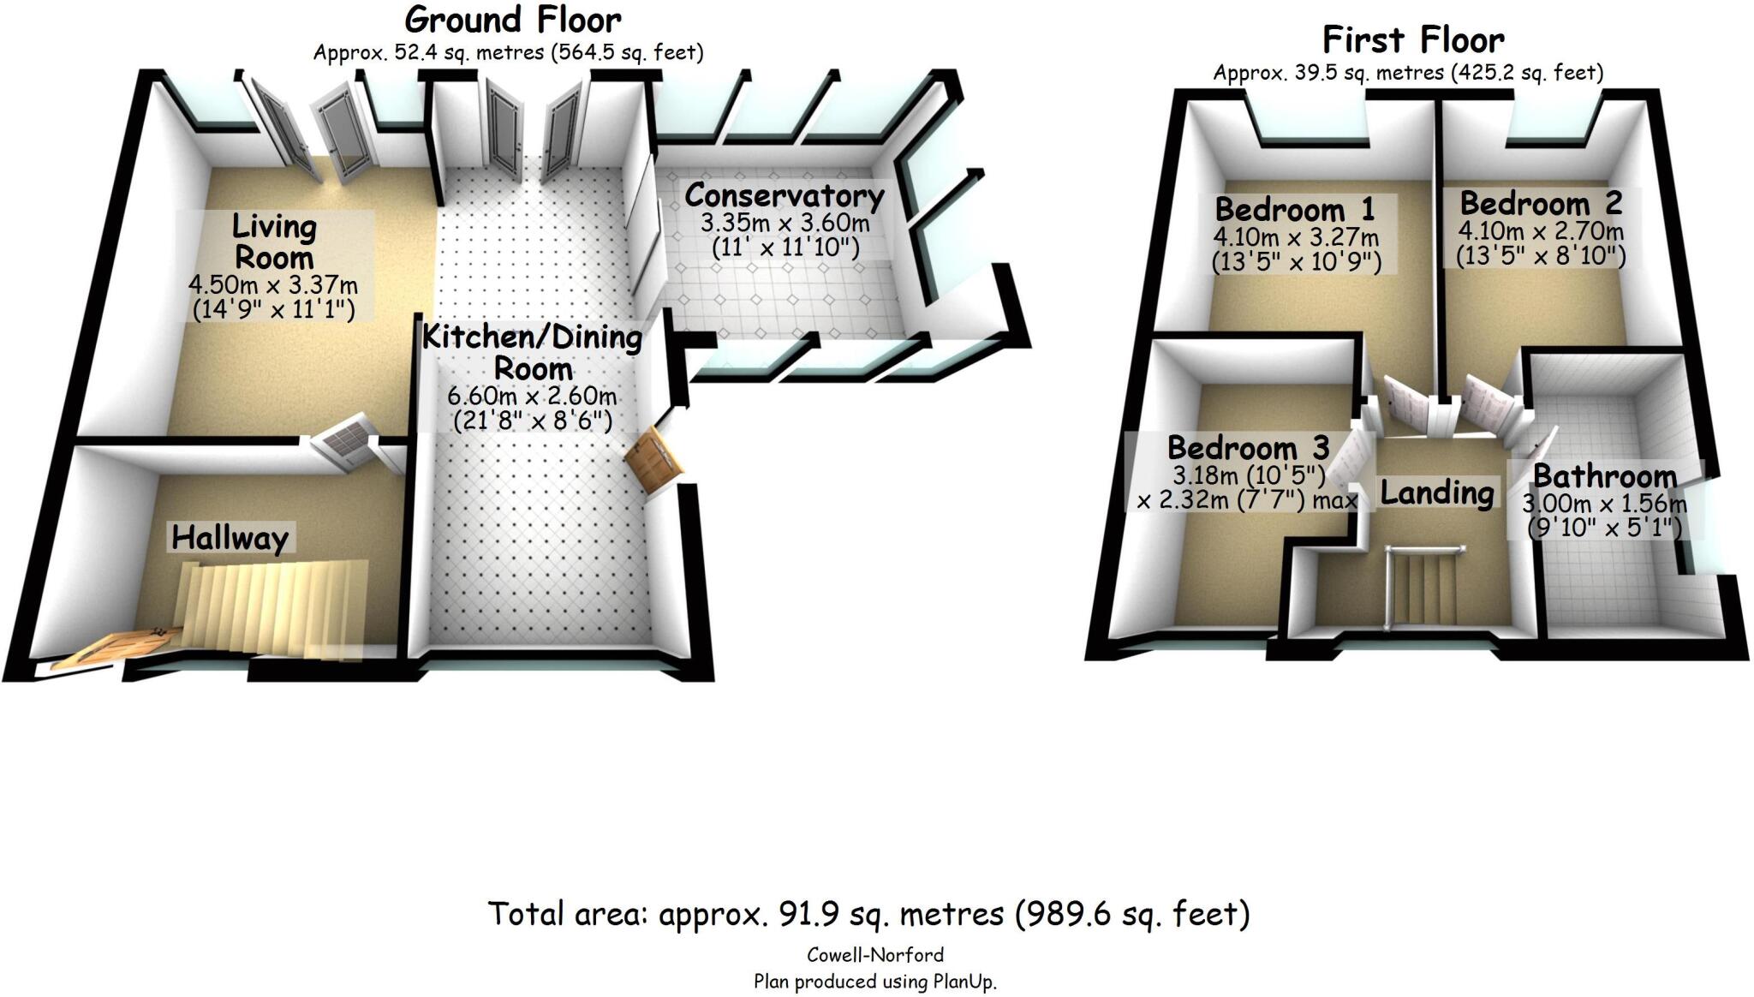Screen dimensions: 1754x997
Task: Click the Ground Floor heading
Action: click(512, 21)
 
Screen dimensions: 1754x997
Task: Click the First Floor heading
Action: click(1413, 40)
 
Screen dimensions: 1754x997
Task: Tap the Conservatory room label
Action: click(784, 196)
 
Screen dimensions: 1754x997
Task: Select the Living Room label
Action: click(274, 242)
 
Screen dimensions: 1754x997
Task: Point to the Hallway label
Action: click(230, 538)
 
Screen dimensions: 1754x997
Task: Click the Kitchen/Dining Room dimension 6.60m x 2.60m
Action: click(532, 397)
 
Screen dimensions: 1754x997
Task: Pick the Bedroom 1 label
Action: click(1295, 209)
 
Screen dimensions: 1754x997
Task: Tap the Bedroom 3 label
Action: click(1248, 448)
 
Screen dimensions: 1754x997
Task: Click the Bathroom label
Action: click(1604, 476)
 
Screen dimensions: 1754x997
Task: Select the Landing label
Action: click(1437, 493)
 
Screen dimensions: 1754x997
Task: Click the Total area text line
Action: click(868, 915)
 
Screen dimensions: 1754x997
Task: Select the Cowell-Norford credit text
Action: click(874, 955)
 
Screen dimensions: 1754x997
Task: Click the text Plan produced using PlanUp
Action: click(874, 982)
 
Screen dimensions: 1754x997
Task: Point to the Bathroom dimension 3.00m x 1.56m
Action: click(1604, 504)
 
